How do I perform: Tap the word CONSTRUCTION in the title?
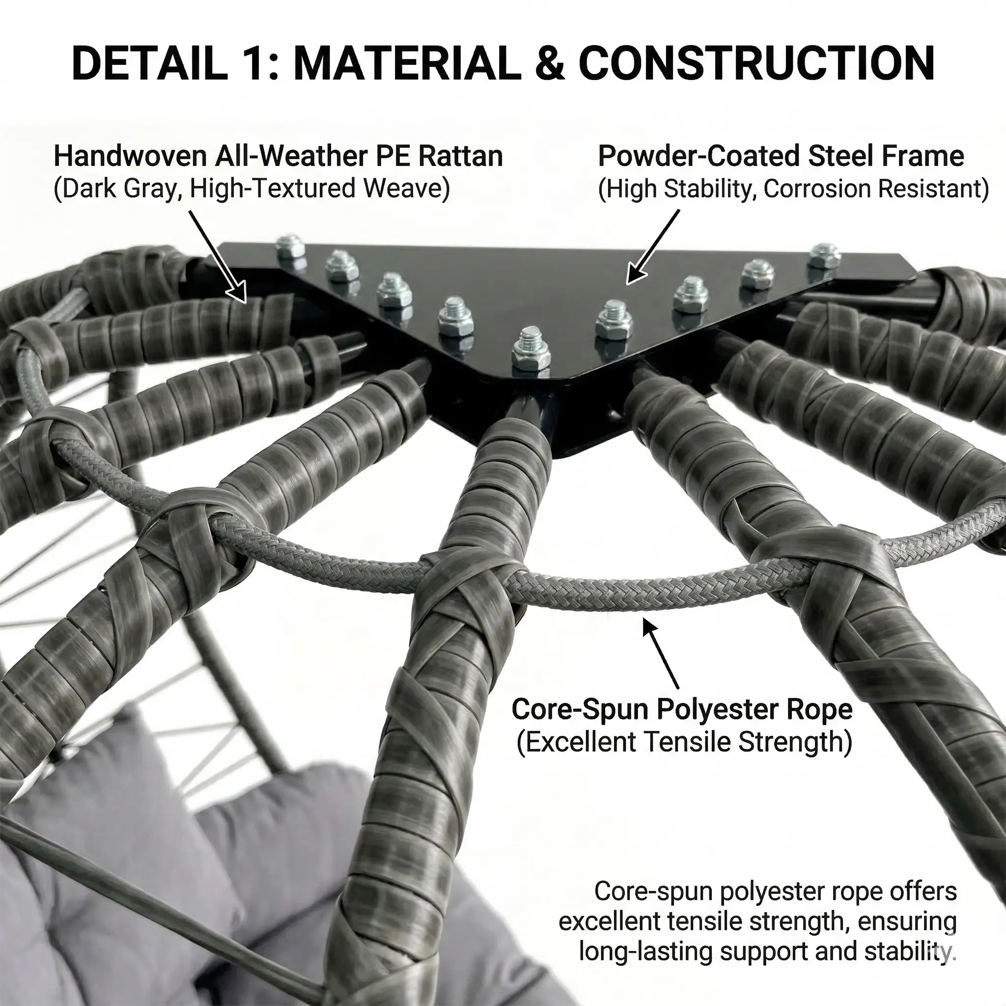coord(757,63)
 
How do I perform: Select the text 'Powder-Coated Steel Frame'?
coord(781,156)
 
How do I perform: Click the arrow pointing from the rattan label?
coord(217,256)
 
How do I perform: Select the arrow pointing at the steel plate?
coord(653,247)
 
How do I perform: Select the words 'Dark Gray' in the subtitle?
coord(118,189)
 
